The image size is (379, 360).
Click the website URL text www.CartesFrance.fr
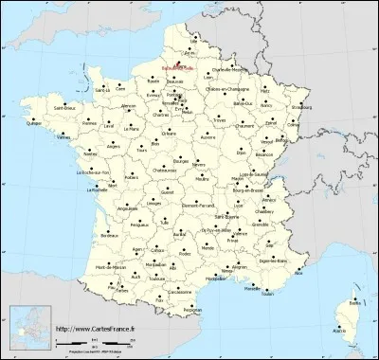tap(95, 329)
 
